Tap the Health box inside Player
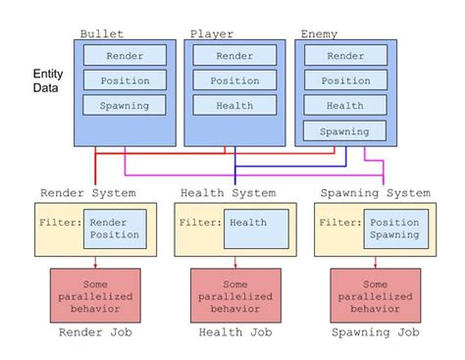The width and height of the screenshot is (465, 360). coord(234,105)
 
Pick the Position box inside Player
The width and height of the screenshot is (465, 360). coord(234,80)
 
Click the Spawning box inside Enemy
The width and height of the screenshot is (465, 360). coord(345,130)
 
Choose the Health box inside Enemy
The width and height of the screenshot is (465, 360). coord(345,105)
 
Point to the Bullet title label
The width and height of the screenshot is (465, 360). coord(101,34)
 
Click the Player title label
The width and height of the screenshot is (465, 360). coord(211,34)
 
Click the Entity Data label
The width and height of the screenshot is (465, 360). coord(47,80)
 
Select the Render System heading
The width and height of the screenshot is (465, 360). coord(87,192)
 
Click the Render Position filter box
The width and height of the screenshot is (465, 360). coord(115,229)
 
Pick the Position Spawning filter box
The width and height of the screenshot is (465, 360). coord(396,229)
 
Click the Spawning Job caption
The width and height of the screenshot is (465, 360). coord(376,334)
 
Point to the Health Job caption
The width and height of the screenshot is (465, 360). coord(234,334)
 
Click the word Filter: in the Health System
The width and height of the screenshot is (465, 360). coord(198,223)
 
